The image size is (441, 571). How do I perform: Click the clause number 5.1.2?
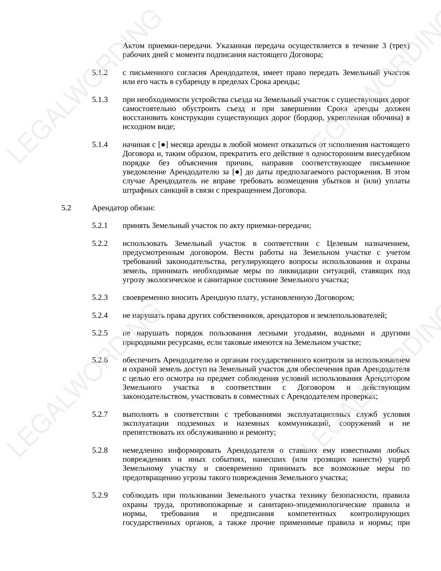100,73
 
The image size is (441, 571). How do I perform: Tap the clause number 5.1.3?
100,100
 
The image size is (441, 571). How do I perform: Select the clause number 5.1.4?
100,145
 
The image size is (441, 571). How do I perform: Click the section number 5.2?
66,208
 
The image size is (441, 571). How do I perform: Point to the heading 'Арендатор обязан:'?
123,208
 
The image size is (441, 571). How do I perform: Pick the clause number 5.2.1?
100,226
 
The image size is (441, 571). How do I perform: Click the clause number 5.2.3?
100,297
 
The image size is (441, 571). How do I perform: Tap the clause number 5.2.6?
100,360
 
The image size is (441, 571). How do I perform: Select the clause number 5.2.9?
100,496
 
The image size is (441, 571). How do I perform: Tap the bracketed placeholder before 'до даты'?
237,172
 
